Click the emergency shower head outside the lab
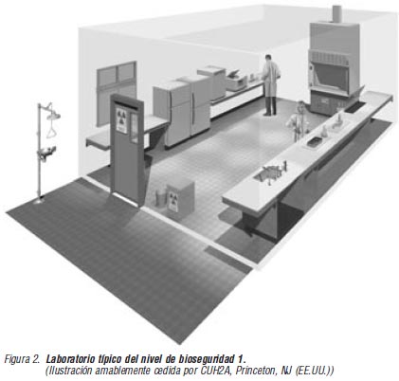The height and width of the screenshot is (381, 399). point(53,116)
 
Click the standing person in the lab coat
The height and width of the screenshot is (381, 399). point(270,84)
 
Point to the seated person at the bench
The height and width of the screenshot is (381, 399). point(298,120)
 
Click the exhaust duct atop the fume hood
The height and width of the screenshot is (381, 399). point(337,13)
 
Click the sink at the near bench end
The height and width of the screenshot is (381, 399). point(268,173)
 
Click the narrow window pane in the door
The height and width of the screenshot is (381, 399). point(135,128)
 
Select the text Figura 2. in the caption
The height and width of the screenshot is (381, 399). point(23,359)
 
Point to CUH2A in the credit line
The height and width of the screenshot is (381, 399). point(216,371)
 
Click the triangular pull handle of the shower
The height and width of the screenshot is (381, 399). point(51,131)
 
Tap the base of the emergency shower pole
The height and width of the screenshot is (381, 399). point(39,200)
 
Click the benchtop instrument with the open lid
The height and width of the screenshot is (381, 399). point(236,80)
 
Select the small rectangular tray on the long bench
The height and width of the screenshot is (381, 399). point(315,142)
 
